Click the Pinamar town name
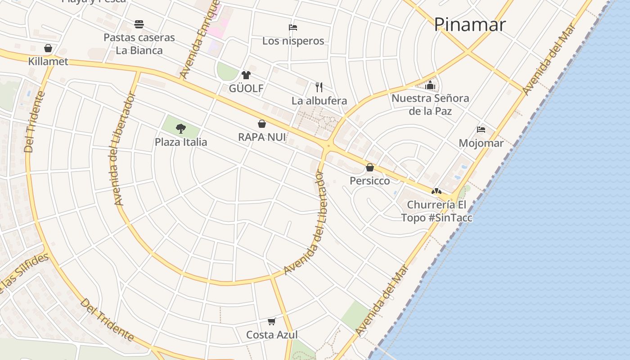click(469, 24)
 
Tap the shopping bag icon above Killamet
click(48, 48)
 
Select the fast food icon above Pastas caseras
click(139, 24)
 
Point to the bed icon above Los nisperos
click(293, 27)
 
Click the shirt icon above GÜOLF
click(246, 75)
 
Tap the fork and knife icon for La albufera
click(319, 87)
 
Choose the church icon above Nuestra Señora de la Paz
click(430, 85)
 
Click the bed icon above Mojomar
click(481, 130)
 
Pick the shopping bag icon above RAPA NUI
click(262, 124)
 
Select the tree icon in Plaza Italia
click(181, 129)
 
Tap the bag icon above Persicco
click(370, 167)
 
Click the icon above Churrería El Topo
click(436, 191)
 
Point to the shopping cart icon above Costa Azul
click(271, 321)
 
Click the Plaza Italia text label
click(181, 142)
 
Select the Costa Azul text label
click(272, 335)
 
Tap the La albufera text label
click(319, 100)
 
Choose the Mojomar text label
click(481, 143)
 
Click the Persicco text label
click(370, 180)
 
